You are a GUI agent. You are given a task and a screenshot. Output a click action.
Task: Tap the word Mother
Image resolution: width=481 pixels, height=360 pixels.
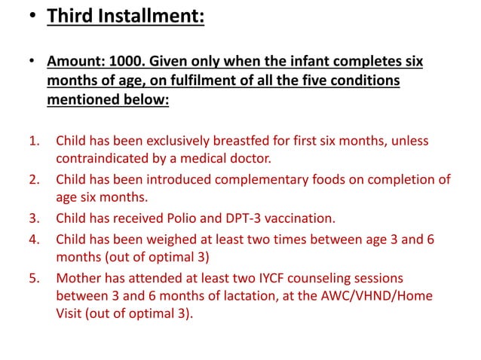click(76, 278)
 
